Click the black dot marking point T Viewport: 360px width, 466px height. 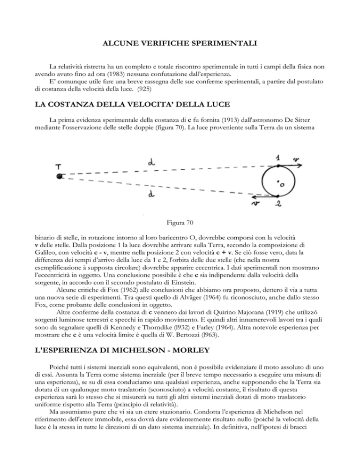(x=59, y=176)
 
